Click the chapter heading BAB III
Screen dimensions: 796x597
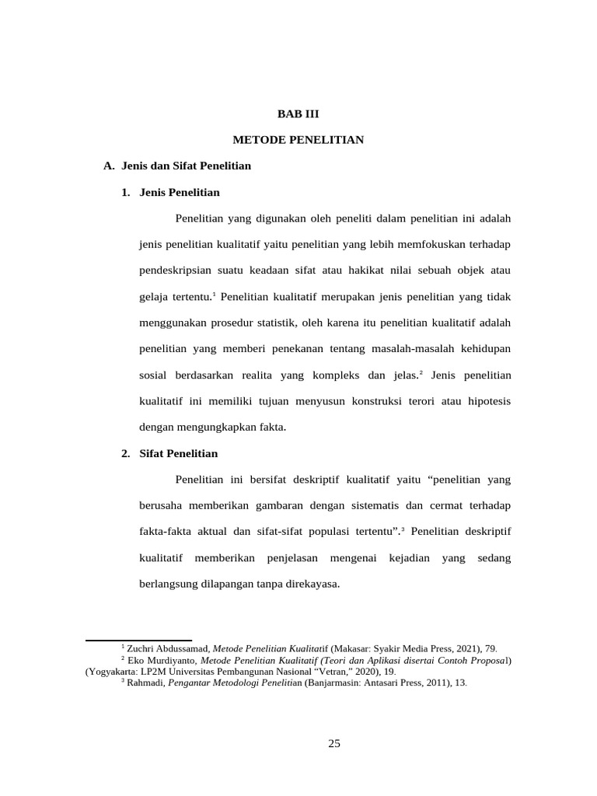point(298,113)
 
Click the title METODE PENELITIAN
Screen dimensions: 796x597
point(298,140)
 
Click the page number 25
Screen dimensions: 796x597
point(334,743)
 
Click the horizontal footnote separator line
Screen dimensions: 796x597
point(138,641)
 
